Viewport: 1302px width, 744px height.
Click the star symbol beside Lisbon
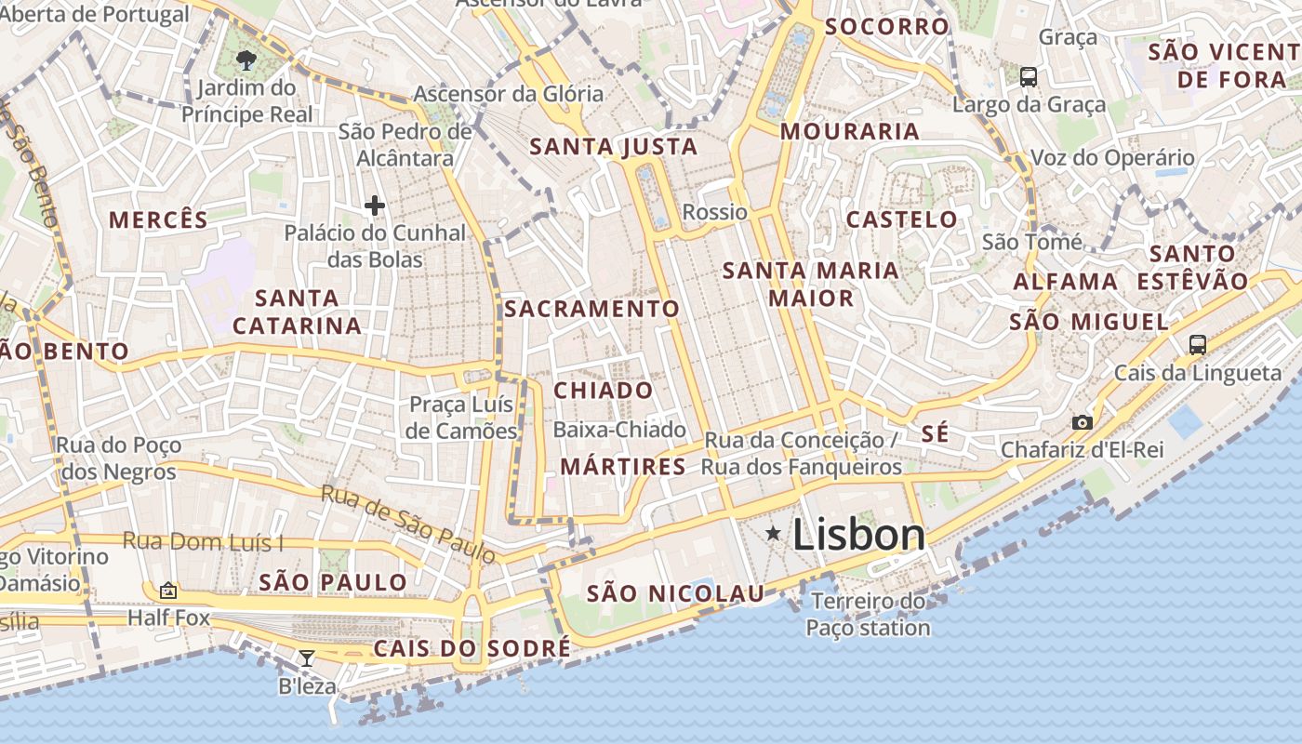pyautogui.click(x=773, y=533)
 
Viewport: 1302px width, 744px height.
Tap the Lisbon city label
pyautogui.click(x=858, y=535)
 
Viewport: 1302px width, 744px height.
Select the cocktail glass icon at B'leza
pyautogui.click(x=306, y=658)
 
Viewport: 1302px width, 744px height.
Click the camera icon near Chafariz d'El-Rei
pyautogui.click(x=1082, y=422)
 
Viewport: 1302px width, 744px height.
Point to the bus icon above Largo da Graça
pyautogui.click(x=1028, y=77)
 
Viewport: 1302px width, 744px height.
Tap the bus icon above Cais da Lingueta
pyautogui.click(x=1198, y=345)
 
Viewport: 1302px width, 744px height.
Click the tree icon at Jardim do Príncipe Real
pyautogui.click(x=246, y=61)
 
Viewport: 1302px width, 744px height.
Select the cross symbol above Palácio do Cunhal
pyautogui.click(x=375, y=206)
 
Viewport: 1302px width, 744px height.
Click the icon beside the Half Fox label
pyautogui.click(x=168, y=591)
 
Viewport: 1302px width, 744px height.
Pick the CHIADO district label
pyautogui.click(x=604, y=391)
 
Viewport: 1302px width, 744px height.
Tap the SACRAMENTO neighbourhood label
pyautogui.click(x=592, y=309)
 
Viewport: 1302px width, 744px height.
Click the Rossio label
pyautogui.click(x=714, y=212)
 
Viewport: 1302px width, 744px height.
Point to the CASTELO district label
pyautogui.click(x=901, y=219)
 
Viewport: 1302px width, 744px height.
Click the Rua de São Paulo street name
pyautogui.click(x=408, y=524)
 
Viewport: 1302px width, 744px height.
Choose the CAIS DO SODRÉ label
pyautogui.click(x=472, y=648)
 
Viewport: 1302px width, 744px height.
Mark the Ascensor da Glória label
pyautogui.click(x=508, y=94)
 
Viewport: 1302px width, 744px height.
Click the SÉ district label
pyautogui.click(x=935, y=433)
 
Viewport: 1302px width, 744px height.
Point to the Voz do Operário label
pyautogui.click(x=1112, y=158)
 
